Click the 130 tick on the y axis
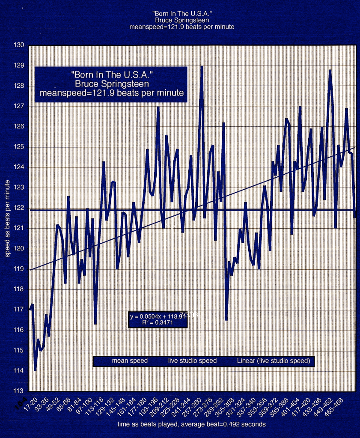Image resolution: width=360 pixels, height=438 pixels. [20, 45]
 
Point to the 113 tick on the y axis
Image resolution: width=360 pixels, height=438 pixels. [20, 391]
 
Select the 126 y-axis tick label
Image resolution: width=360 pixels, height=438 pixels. [20, 127]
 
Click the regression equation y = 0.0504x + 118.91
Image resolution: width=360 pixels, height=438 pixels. [157, 317]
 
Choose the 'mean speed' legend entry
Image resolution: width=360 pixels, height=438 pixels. [130, 361]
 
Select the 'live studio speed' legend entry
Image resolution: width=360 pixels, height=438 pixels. [192, 361]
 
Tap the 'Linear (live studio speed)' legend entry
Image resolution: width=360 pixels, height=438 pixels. [273, 361]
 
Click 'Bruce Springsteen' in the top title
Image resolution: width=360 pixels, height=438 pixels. [182, 20]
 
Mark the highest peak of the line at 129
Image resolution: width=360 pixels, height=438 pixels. [202, 66]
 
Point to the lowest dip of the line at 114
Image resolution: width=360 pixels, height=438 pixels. [35, 370]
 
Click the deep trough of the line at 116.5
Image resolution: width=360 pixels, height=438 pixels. [226, 319]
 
